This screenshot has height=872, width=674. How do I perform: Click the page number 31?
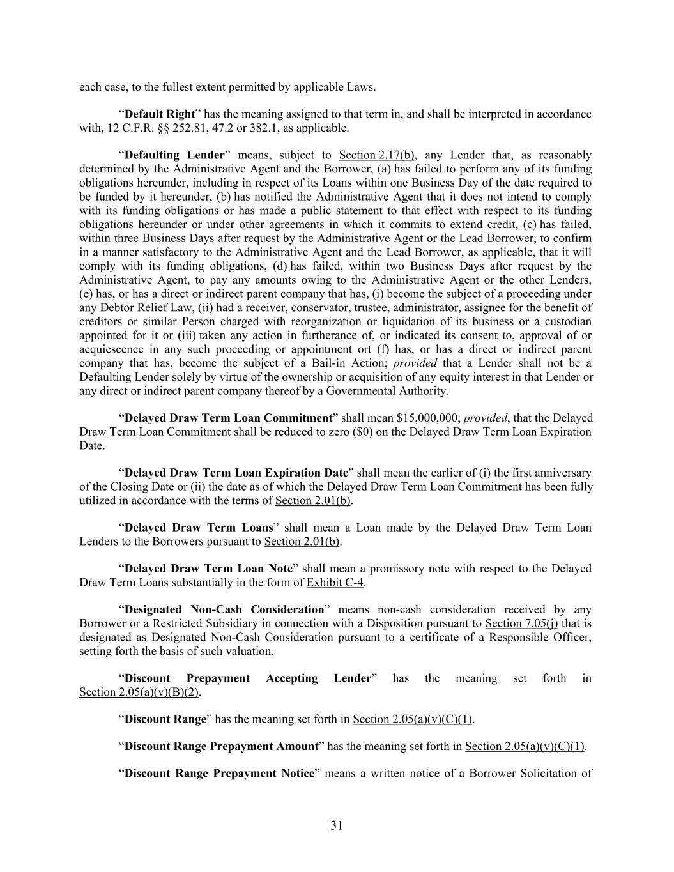(x=337, y=825)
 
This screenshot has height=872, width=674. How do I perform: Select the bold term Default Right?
(x=159, y=114)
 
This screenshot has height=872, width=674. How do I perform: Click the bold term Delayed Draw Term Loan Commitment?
(x=228, y=418)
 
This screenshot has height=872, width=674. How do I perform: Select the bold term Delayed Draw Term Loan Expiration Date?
(x=236, y=473)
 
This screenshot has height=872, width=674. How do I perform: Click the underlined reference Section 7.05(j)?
(x=521, y=623)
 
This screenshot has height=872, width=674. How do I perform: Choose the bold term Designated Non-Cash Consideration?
(x=224, y=609)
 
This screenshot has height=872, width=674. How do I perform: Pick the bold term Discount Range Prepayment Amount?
(x=221, y=746)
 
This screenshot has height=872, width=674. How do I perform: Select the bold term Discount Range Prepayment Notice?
(x=219, y=773)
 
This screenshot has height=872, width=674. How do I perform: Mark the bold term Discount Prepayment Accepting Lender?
(x=247, y=678)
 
